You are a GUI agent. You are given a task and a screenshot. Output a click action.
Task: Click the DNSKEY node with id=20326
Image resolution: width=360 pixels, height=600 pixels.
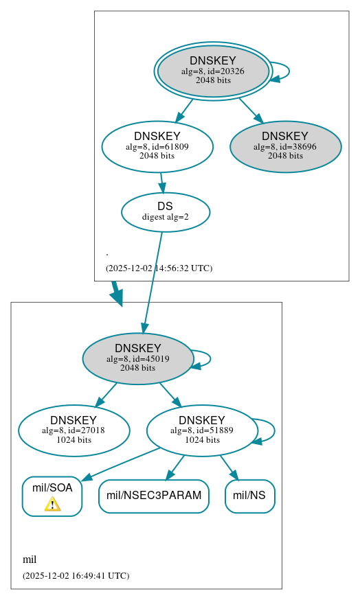[213, 71]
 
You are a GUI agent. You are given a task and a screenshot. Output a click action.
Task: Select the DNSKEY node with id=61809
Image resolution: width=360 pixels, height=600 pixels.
[157, 146]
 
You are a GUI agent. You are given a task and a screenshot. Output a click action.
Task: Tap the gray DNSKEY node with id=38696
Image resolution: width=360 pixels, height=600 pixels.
[285, 146]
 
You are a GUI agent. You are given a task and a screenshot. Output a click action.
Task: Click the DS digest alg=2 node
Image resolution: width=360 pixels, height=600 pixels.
[166, 212]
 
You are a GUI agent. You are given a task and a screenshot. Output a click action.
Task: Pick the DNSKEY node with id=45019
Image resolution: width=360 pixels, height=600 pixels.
[137, 358]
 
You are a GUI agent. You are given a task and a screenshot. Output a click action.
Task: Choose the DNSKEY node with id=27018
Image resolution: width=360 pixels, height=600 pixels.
[74, 430]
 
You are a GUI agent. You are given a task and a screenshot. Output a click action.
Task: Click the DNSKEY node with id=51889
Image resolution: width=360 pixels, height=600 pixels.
[202, 430]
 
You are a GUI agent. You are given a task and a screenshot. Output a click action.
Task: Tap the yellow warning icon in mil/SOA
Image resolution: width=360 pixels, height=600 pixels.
[52, 505]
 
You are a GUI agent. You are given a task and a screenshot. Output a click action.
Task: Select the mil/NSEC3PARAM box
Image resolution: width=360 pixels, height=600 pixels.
[154, 496]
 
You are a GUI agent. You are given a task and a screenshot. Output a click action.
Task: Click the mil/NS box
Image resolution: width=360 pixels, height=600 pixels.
[249, 496]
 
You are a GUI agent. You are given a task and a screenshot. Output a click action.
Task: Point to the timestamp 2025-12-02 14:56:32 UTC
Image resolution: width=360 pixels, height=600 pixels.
[159, 268]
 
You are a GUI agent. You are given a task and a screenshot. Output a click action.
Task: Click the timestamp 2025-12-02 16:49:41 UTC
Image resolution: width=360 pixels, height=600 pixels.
[76, 575]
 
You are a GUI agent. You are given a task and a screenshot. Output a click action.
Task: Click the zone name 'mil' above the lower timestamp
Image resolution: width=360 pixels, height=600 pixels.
[30, 559]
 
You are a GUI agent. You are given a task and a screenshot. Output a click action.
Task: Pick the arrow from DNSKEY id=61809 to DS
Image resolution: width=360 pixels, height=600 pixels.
[161, 182]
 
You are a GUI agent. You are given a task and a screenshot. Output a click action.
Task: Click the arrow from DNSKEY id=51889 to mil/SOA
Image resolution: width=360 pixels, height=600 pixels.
[120, 463]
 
